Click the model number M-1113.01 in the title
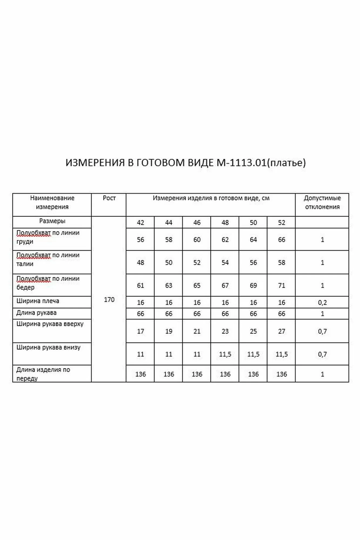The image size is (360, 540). (x=241, y=163)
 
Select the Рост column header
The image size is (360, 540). (x=109, y=198)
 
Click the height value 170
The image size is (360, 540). (x=109, y=299)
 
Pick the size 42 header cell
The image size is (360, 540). (x=140, y=222)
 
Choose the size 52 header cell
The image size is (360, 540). (x=281, y=222)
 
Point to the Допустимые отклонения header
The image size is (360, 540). (x=322, y=202)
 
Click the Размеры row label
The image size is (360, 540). (x=52, y=221)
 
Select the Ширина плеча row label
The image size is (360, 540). (x=38, y=301)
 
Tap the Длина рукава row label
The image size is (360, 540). (x=36, y=313)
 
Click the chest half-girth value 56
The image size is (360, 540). (x=140, y=240)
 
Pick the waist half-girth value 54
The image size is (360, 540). (x=225, y=262)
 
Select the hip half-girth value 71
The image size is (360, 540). (x=281, y=285)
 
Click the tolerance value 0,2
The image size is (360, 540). (x=322, y=303)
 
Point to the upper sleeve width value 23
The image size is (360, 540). (x=225, y=331)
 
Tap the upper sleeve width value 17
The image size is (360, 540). (x=140, y=331)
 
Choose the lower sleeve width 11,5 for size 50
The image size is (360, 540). (x=253, y=354)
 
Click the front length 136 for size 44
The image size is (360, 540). (x=169, y=374)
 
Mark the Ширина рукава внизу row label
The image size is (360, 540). (x=49, y=347)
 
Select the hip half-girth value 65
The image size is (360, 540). (x=197, y=285)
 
